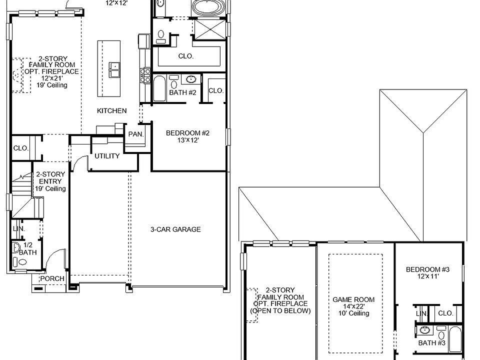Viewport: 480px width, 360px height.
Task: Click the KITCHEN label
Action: [x=111, y=111]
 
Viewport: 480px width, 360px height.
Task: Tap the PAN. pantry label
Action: [x=135, y=134]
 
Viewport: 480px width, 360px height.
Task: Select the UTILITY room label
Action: [x=107, y=156]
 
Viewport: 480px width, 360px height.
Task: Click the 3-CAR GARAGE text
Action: [x=175, y=229]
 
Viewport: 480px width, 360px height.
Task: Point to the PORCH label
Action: [x=52, y=279]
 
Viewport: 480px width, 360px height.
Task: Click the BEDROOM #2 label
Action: [x=187, y=133]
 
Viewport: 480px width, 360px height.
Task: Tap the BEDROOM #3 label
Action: [x=427, y=269]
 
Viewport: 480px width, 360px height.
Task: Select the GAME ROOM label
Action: [x=353, y=300]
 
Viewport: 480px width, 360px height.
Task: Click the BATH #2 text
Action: [x=182, y=93]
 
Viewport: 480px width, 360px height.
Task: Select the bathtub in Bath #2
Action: [x=160, y=89]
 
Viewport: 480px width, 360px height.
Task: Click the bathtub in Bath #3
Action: [x=455, y=340]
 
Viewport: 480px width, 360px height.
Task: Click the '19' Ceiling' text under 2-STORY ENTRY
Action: [x=50, y=189]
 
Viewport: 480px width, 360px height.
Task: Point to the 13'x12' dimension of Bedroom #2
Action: [x=187, y=140]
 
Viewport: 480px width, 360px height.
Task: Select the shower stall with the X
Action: [x=209, y=29]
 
